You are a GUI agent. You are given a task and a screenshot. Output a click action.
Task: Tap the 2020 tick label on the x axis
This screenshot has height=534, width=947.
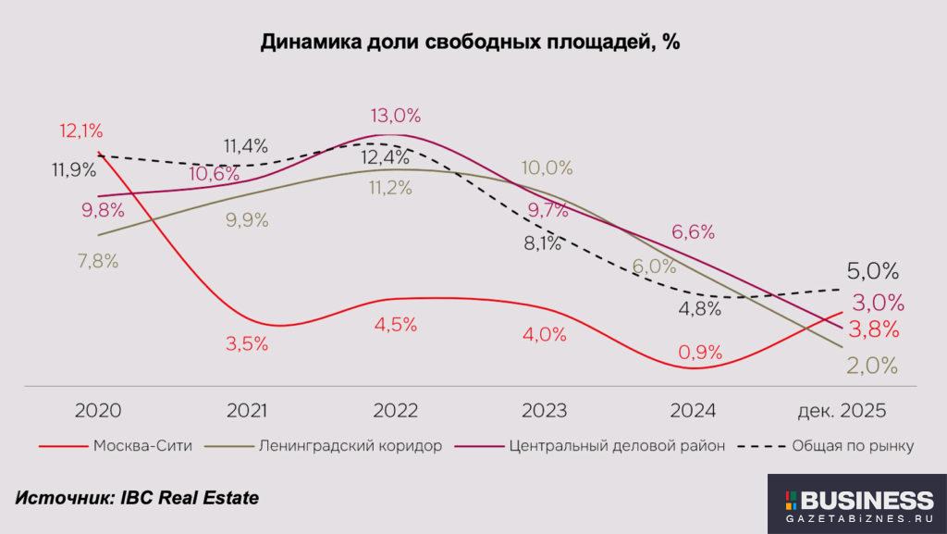[x=98, y=410]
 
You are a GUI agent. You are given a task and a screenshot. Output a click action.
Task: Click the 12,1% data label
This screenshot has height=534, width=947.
[x=81, y=131]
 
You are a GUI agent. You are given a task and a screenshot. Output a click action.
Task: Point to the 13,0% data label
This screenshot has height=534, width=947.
[x=395, y=116]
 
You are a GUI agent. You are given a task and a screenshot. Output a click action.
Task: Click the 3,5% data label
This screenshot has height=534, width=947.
[x=247, y=344]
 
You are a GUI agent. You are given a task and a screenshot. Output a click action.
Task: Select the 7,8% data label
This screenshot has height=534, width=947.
[x=97, y=261]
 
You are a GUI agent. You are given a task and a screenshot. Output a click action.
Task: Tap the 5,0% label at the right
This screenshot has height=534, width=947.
[x=873, y=271]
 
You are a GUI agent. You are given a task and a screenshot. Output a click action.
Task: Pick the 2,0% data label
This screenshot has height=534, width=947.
[x=872, y=366]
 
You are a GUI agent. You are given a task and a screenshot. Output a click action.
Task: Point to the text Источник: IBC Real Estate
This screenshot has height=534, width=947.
[x=137, y=498]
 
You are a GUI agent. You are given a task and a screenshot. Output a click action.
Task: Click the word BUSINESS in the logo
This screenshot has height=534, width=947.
[x=866, y=501]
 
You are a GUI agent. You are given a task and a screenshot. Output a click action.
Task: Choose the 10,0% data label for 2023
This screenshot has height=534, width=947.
[x=547, y=168]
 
